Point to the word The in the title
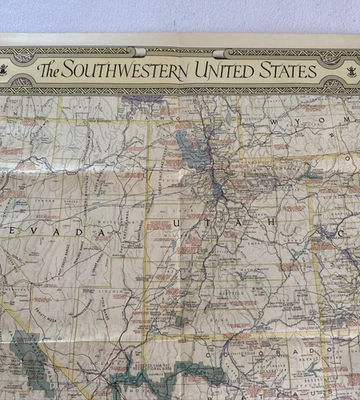click(56, 71)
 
